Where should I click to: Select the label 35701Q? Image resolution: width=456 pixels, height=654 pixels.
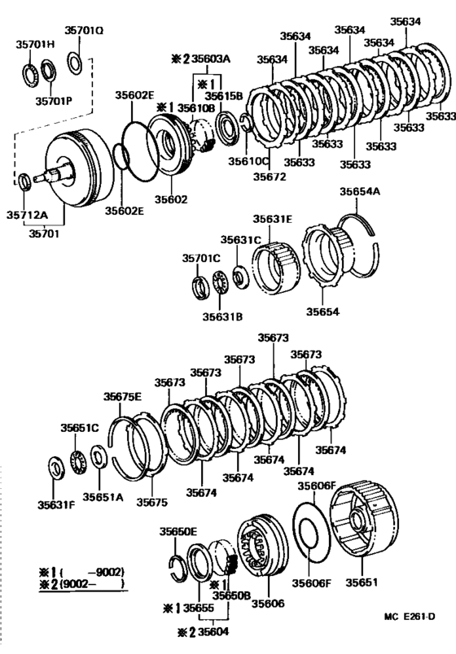click(x=85, y=30)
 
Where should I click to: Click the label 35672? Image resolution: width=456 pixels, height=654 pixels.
click(x=270, y=175)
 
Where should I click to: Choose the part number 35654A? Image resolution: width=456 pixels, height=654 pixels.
click(x=359, y=191)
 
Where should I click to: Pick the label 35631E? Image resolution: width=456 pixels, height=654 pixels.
click(x=271, y=219)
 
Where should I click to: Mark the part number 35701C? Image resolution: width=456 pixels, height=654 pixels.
click(x=201, y=258)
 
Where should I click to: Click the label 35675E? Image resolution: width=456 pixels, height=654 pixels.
click(x=122, y=396)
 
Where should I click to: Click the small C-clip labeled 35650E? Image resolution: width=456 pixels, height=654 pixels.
click(x=178, y=562)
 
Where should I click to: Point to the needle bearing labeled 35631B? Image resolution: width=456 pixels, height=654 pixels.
click(x=217, y=286)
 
